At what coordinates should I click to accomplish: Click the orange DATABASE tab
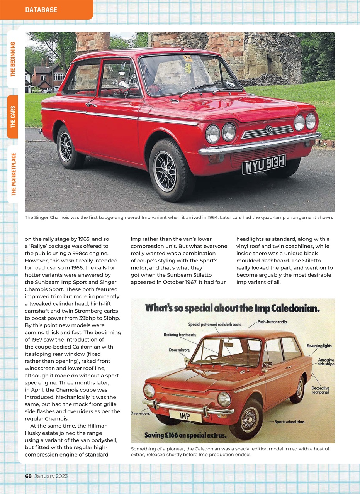[x=41, y=10]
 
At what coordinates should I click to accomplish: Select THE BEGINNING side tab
[x=13, y=59]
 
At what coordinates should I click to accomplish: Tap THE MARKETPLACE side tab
[x=13, y=174]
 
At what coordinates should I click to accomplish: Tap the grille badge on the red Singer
[x=269, y=130]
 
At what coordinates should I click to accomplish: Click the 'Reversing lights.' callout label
[x=319, y=346]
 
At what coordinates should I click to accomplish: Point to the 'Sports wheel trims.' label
[x=290, y=422]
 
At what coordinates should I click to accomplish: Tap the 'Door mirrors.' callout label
[x=179, y=350]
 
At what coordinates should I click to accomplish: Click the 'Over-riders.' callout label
[x=140, y=413]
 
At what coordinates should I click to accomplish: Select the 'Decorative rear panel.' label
[x=320, y=390]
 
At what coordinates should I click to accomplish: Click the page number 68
[x=28, y=476]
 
